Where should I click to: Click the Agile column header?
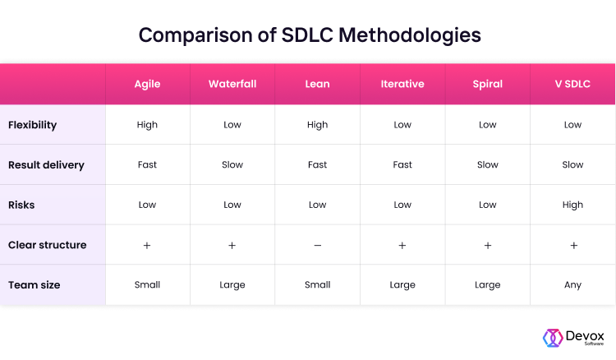147,84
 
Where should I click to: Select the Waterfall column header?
232,84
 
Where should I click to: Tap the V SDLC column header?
572,84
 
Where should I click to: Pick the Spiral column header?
488,84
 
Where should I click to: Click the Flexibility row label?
32,125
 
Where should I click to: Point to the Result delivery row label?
46,164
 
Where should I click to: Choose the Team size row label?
34,284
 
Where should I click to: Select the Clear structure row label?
47,245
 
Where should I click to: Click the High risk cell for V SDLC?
572,205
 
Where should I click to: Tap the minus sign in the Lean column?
318,245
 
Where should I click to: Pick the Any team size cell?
572,285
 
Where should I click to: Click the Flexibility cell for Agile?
147,125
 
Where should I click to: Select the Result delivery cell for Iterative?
402,164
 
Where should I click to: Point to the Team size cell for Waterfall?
232,285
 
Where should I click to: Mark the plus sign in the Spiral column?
488,245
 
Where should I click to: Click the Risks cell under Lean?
318,205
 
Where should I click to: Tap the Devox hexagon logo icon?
552,338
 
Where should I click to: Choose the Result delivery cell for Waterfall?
232,164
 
